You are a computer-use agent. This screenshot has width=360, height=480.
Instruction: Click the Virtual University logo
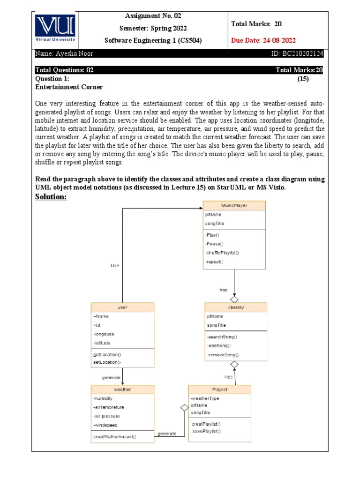[x=54, y=29]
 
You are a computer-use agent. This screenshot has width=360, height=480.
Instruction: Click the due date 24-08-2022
[x=263, y=40]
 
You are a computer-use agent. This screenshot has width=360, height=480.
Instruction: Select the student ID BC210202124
[x=297, y=54]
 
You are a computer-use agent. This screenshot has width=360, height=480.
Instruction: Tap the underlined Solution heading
[x=51, y=196]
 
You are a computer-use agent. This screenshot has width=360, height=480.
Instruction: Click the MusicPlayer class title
[x=234, y=205]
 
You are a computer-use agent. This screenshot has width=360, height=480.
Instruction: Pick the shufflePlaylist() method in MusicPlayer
[x=222, y=253]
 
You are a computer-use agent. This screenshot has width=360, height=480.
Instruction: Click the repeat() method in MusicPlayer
[x=214, y=262]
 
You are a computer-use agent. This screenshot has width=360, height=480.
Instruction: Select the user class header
[x=122, y=307]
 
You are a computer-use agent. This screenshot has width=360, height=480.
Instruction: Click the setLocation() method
[x=107, y=362]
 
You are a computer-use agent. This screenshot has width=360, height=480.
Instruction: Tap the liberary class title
[x=236, y=307]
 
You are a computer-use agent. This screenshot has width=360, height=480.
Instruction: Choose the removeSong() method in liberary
[x=223, y=355]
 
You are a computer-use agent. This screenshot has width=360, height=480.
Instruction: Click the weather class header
[x=122, y=390]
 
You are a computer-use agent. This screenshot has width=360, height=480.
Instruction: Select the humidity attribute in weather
[x=104, y=398]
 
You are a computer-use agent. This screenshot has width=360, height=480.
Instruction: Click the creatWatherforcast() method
[x=115, y=437]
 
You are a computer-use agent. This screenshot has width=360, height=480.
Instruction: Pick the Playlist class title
[x=219, y=390]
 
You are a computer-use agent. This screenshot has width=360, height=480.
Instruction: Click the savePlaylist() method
[x=206, y=431]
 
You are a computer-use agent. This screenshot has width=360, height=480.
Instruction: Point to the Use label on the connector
[x=115, y=265]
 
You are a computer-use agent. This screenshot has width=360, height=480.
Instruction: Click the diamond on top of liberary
[x=234, y=299]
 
